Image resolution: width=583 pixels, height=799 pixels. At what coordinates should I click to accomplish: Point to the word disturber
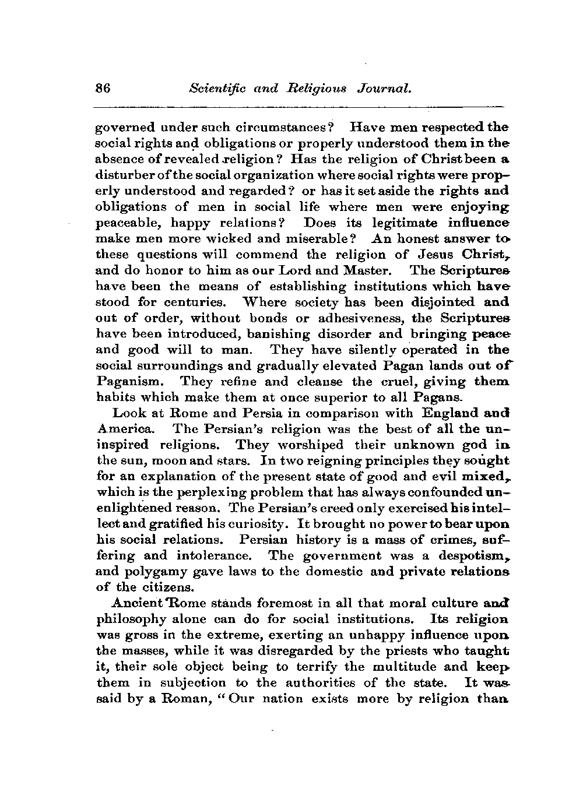[123, 175]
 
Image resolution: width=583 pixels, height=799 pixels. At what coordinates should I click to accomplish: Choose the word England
[445, 414]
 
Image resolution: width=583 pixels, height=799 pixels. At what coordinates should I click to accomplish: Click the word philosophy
[128, 618]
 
